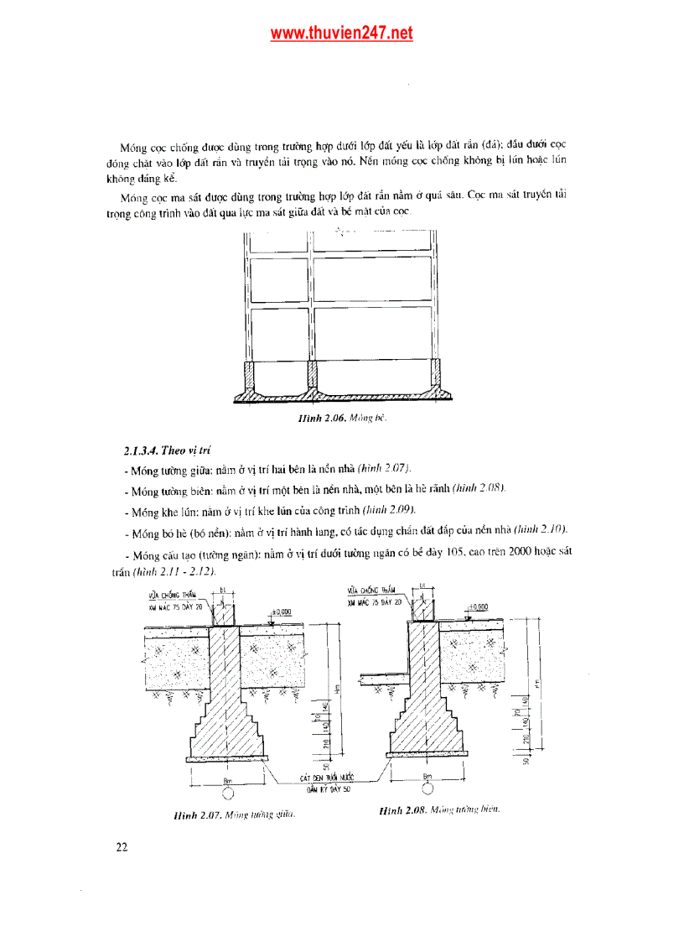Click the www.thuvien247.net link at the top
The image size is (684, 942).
pyautogui.click(x=341, y=34)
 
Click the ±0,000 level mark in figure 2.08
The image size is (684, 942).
pyautogui.click(x=479, y=606)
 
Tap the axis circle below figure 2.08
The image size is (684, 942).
pyautogui.click(x=427, y=788)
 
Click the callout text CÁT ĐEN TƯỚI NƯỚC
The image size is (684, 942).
pyautogui.click(x=328, y=778)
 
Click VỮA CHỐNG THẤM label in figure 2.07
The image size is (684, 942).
pyautogui.click(x=167, y=595)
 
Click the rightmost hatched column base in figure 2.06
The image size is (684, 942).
pyautogui.click(x=436, y=375)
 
